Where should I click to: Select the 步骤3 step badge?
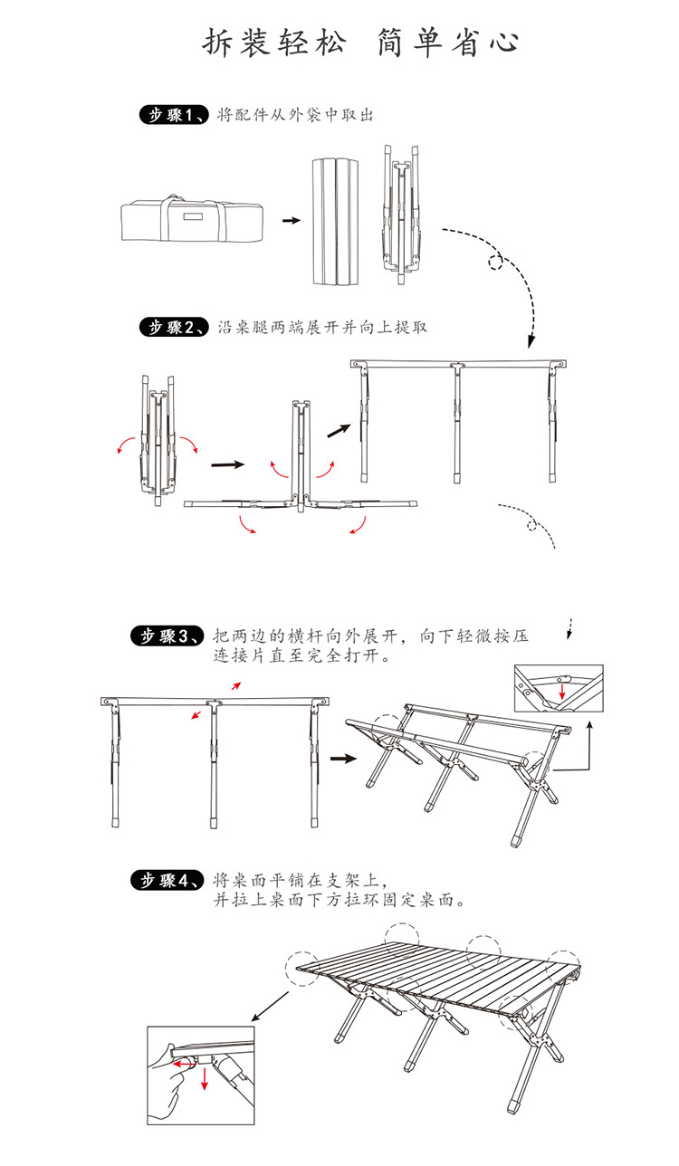(x=169, y=636)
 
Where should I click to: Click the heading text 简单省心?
(x=447, y=43)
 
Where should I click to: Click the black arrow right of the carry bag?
(x=290, y=220)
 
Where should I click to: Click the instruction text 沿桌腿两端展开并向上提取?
(x=322, y=328)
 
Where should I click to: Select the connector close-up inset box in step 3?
(x=558, y=689)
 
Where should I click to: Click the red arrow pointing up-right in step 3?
(x=235, y=685)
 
